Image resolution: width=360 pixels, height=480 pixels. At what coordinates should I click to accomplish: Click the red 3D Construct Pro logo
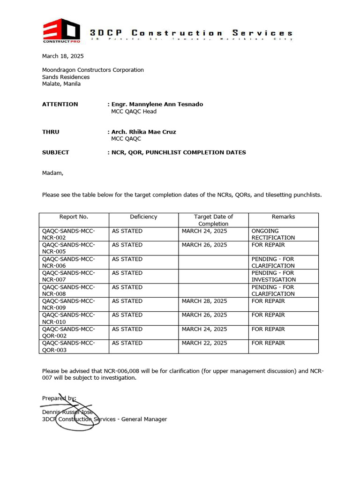coord(60,31)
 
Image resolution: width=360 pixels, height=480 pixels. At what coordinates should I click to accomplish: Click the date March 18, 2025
coord(63,56)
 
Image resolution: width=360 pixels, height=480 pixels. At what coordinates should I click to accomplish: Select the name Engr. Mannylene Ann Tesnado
coord(157,104)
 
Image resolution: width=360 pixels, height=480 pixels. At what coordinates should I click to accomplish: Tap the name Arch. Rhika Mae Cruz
coord(143,132)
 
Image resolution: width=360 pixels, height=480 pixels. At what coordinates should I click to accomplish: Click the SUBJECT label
coord(55,152)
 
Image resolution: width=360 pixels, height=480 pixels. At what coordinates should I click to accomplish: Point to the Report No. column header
coord(74,217)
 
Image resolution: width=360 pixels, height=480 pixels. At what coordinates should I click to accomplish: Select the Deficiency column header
coord(143,217)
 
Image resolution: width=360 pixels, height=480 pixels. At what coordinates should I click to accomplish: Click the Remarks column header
coord(283,217)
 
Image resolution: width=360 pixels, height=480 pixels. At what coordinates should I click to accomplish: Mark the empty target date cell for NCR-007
coord(213,276)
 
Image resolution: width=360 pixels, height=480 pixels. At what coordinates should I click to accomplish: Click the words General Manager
coord(144,419)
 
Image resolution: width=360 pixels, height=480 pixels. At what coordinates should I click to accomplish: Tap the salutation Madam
coord(52,173)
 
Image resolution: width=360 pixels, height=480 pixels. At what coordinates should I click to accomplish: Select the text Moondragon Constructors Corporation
coord(93,70)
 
